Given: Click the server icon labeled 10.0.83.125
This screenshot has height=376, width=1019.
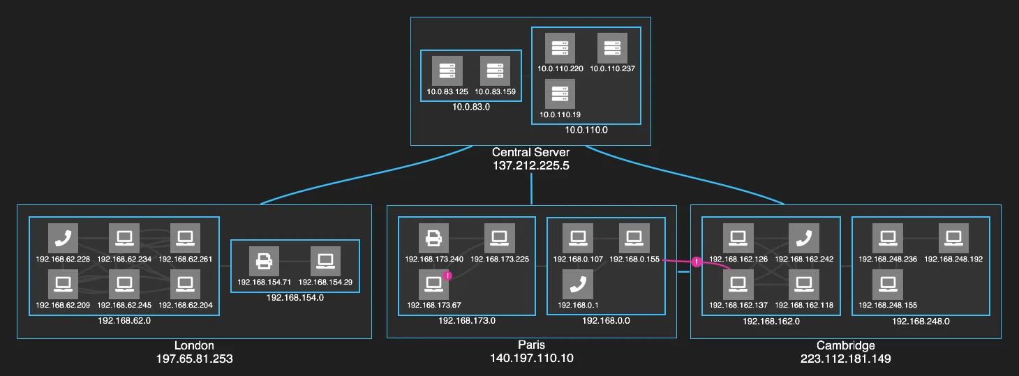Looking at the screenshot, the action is (447, 71).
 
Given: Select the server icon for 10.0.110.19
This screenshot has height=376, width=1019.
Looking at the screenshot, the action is (560, 93).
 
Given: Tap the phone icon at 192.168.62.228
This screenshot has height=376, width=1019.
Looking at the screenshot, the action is (63, 238).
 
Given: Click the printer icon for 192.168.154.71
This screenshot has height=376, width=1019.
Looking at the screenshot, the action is (264, 261).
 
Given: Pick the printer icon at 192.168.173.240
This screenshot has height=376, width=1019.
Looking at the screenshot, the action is (433, 238).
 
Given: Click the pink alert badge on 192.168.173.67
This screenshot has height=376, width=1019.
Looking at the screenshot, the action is (447, 276).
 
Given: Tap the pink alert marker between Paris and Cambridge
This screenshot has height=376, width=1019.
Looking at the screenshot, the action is (697, 262).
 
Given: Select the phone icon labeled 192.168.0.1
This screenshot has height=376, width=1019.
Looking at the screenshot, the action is (578, 284).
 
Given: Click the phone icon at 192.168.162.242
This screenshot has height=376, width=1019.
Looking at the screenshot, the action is (804, 238).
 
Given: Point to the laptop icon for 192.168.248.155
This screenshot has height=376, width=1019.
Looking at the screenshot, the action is (888, 284).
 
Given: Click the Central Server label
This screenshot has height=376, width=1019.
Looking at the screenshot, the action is (531, 152).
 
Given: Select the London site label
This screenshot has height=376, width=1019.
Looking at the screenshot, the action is (194, 345).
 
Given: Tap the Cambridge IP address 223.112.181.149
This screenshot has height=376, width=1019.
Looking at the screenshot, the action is (846, 359).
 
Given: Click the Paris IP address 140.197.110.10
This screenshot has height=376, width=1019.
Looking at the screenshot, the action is (531, 359).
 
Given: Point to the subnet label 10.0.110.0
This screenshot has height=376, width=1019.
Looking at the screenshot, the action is (586, 130).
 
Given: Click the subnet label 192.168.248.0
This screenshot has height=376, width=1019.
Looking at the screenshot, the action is (921, 322).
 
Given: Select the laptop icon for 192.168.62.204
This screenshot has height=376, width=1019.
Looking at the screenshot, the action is (185, 284).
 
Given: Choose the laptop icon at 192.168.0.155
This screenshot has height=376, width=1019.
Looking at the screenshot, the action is (634, 238).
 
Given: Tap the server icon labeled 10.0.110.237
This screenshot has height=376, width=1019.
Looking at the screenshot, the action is (612, 47).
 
